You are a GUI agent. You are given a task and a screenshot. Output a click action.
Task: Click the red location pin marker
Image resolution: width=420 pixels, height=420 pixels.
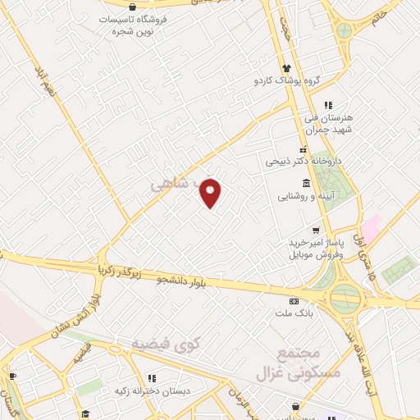pyautogui.click(x=212, y=193)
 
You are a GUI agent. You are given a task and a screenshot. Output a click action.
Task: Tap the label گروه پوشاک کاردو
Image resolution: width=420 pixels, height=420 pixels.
pyautogui.click(x=286, y=80)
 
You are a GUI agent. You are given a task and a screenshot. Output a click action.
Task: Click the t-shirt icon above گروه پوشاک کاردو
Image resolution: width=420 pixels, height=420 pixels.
pyautogui.click(x=286, y=68)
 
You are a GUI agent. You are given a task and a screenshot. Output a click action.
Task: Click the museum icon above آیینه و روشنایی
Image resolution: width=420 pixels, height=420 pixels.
pyautogui.click(x=306, y=183)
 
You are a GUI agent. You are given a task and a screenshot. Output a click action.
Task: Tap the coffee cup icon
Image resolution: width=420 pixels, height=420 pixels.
pyautogui.click(x=11, y=377)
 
